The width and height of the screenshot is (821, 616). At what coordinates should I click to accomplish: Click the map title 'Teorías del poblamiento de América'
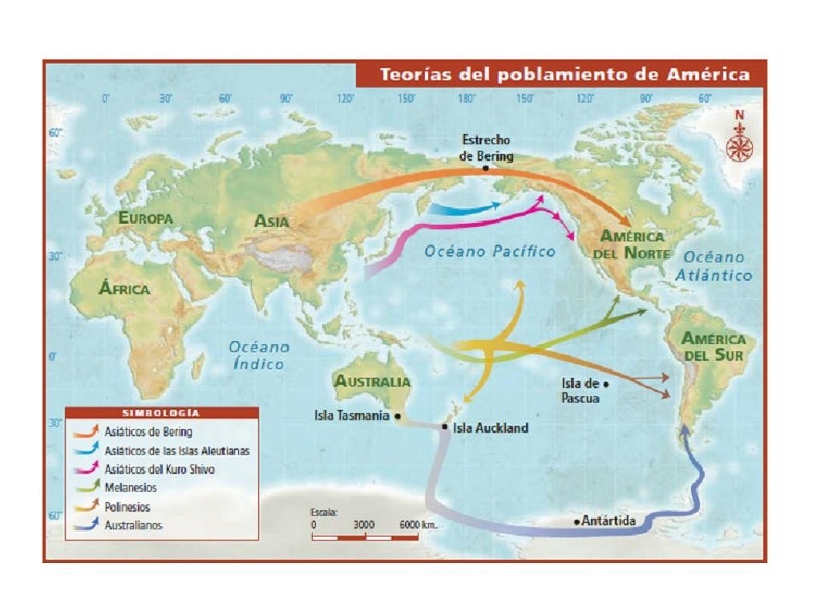pos(564,75)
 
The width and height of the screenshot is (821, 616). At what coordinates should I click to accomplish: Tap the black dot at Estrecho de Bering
pos(485,168)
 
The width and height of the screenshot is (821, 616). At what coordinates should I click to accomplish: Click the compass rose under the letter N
pos(739,147)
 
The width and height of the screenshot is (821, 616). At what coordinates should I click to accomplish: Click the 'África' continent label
pos(123,289)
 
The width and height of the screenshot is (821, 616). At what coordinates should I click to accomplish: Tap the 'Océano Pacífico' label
pos(490,252)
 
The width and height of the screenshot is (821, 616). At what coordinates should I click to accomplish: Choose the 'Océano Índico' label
pos(259,355)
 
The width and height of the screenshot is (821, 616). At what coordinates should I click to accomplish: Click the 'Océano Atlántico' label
pos(718,266)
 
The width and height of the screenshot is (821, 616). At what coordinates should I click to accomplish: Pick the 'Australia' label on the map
pos(373,382)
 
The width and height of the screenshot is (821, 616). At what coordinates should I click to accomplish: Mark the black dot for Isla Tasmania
pos(398,416)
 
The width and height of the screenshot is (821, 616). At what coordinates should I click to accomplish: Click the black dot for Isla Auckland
pos(445,427)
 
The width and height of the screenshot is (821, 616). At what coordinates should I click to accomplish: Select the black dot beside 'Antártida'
pos(576,522)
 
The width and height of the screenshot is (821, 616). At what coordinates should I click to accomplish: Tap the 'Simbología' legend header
pos(161,413)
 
